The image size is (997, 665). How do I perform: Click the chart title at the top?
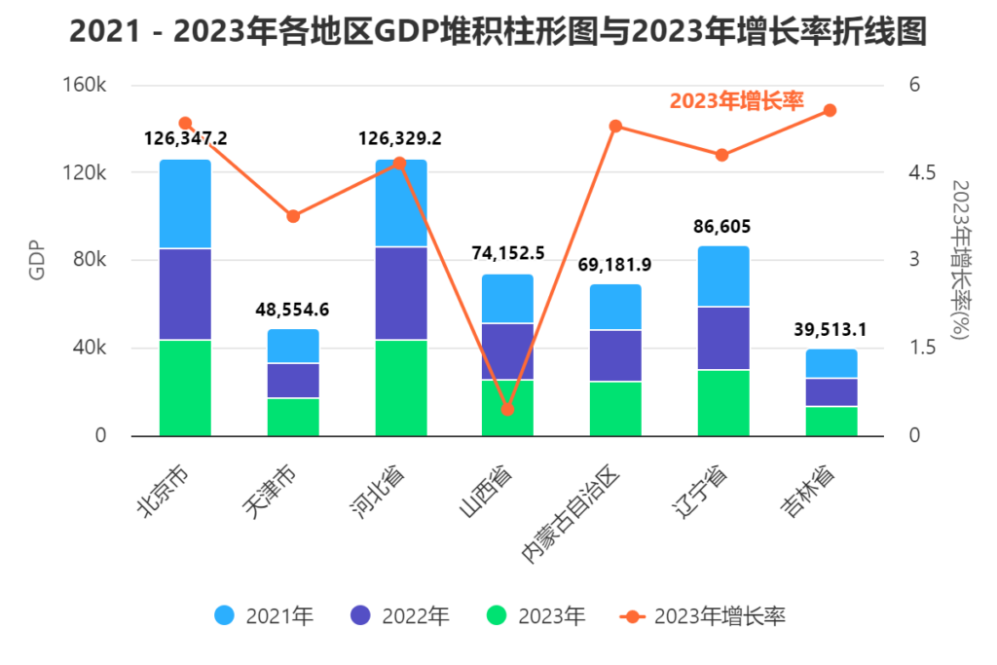[498, 32]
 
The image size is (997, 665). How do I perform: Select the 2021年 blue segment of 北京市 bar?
[185, 204]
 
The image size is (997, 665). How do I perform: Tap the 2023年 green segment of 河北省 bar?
[400, 388]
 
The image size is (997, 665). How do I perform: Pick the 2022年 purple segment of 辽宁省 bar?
[722, 338]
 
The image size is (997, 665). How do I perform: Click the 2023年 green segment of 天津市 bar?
[293, 417]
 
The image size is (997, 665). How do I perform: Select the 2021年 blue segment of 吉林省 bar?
[831, 363]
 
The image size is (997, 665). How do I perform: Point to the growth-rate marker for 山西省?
[507, 409]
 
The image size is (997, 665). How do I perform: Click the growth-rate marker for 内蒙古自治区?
[615, 126]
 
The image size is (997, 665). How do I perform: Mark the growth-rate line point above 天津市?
[293, 216]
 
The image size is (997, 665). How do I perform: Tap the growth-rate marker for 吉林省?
[831, 110]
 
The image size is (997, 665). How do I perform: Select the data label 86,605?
[722, 227]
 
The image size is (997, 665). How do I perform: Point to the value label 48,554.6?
[293, 310]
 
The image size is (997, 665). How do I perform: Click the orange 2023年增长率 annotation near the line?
[736, 100]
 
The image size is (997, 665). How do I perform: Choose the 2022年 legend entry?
[400, 616]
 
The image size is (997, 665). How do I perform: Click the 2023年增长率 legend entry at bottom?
[703, 616]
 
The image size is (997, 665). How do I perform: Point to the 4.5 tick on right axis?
[921, 172]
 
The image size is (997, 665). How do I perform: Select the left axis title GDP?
[37, 259]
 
